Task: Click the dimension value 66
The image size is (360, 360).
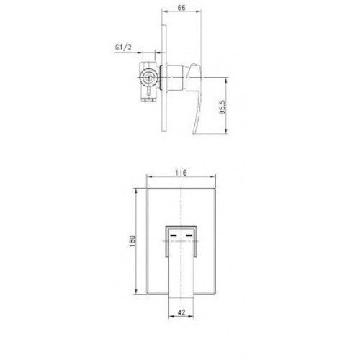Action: pos(181,8)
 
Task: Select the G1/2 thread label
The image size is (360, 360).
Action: pos(123,47)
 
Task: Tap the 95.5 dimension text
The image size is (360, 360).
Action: pos(222,107)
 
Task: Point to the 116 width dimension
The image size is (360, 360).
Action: pos(181,173)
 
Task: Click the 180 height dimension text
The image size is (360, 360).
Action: pos(132,241)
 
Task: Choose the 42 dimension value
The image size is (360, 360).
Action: pos(181,312)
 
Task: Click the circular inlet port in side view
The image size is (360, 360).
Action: pos(148,77)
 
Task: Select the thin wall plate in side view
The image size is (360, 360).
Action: pos(164,78)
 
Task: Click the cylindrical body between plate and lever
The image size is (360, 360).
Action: pos(176,78)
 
